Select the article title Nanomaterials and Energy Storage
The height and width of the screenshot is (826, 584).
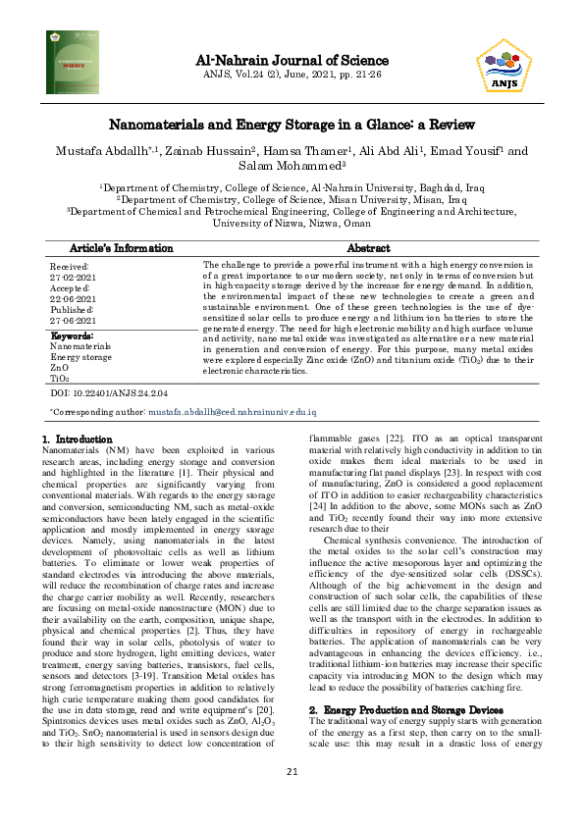point(292,125)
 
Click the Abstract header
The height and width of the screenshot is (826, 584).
point(368,248)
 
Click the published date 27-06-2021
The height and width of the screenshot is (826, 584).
point(70,321)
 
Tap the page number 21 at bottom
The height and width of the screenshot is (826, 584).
point(292,800)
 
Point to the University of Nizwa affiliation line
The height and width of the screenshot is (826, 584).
point(292,223)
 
